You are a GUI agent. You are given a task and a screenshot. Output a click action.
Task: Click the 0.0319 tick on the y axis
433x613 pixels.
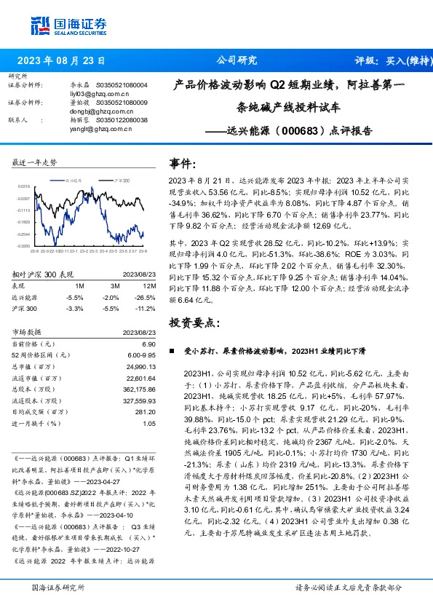click(x=23, y=187)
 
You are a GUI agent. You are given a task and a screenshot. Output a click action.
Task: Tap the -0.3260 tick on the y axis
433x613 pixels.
click(x=23, y=245)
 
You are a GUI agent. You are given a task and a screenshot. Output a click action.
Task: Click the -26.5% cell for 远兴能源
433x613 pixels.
click(x=146, y=298)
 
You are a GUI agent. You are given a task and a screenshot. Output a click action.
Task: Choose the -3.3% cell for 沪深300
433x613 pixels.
click(x=74, y=309)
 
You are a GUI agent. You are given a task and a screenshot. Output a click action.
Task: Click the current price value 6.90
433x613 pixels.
click(x=149, y=344)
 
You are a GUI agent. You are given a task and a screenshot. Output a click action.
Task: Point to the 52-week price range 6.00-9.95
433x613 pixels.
click(x=142, y=355)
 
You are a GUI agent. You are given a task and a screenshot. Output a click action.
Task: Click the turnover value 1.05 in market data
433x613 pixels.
click(x=149, y=423)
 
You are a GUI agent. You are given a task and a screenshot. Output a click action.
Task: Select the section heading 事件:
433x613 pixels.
click(x=183, y=164)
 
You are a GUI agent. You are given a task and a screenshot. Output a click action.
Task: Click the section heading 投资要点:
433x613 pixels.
click(x=193, y=322)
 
